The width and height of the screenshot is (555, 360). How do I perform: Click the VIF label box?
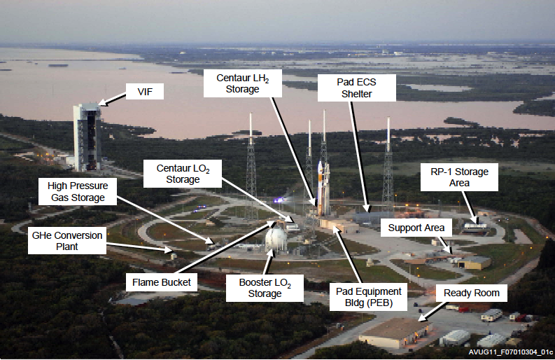(x=144, y=91)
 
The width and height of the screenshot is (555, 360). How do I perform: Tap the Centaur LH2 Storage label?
(x=242, y=83)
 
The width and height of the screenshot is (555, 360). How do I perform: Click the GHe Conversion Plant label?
(x=67, y=241)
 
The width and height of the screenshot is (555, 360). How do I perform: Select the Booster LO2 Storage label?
(x=265, y=288)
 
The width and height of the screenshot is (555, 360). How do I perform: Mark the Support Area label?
(x=416, y=228)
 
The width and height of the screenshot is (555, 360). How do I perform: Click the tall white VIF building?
(x=87, y=138)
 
